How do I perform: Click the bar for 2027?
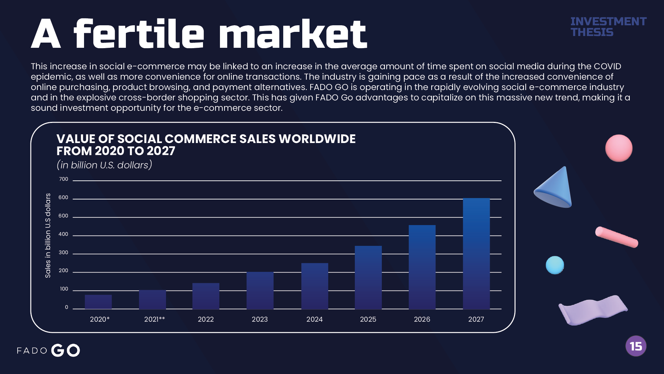pyautogui.click(x=476, y=253)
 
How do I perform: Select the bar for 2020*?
pyautogui.click(x=98, y=302)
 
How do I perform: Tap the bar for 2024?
pyautogui.click(x=315, y=286)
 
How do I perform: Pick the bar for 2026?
pyautogui.click(x=422, y=267)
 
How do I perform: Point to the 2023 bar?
pyautogui.click(x=260, y=291)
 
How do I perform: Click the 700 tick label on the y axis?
pyautogui.click(x=64, y=179)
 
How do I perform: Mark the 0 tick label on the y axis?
pyautogui.click(x=66, y=307)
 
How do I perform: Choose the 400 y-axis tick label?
pyautogui.click(x=63, y=234)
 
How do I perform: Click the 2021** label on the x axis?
pyautogui.click(x=155, y=319)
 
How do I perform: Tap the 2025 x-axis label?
pyautogui.click(x=368, y=319)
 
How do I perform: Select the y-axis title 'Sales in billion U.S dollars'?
pyautogui.click(x=48, y=235)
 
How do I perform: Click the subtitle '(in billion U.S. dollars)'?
pyautogui.click(x=104, y=165)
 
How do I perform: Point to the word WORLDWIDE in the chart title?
pyautogui.click(x=317, y=139)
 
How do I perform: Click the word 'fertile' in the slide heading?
pyautogui.click(x=139, y=34)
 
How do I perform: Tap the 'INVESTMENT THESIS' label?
pyautogui.click(x=608, y=27)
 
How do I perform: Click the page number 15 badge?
pyautogui.click(x=636, y=346)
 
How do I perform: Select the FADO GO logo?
pyautogui.click(x=48, y=350)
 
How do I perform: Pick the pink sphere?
pyautogui.click(x=619, y=148)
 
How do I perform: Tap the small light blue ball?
pyautogui.click(x=555, y=265)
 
